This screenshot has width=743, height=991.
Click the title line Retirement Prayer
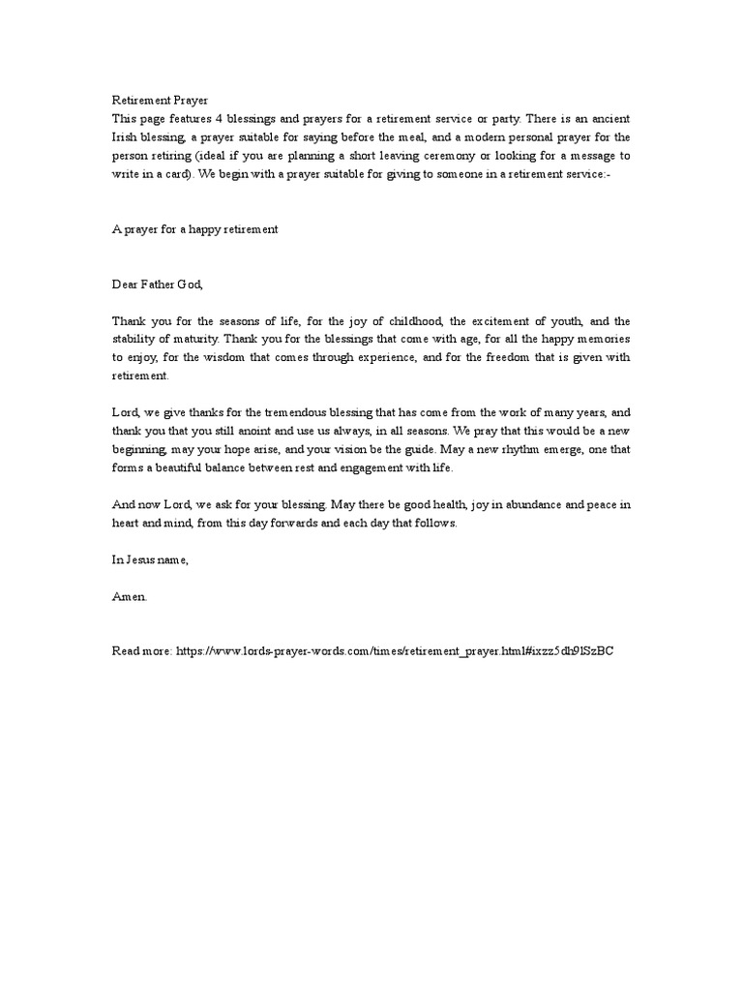pyautogui.click(x=160, y=101)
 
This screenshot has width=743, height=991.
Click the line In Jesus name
pyautogui.click(x=148, y=560)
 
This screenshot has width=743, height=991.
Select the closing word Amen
pyautogui.click(x=130, y=597)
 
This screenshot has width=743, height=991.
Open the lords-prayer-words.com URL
pyautogui.click(x=395, y=651)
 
